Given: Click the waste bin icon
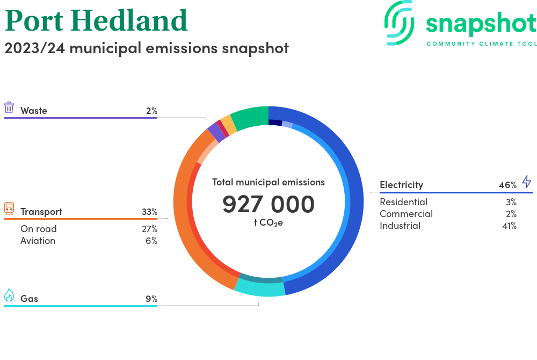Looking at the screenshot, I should click(x=9, y=107).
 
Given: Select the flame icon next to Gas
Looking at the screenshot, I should click(x=9, y=296).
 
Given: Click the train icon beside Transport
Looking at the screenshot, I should click(x=9, y=208).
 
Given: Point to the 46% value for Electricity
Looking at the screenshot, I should click(x=507, y=185).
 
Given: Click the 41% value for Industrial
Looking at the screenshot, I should click(x=509, y=226).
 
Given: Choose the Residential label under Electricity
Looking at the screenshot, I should click(x=403, y=202).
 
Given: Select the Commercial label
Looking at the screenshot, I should click(x=406, y=214).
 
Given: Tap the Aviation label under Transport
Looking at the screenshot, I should click(x=38, y=241).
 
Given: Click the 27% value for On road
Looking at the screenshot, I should click(x=149, y=229).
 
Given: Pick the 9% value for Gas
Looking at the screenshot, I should click(x=151, y=299).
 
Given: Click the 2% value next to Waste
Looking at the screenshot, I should click(x=151, y=111).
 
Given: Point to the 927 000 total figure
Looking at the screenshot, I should click(x=268, y=205).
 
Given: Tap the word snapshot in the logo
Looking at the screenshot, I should click(x=481, y=24).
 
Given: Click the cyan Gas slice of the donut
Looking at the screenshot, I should click(x=261, y=289).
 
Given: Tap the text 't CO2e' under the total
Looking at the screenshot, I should click(x=268, y=222).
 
